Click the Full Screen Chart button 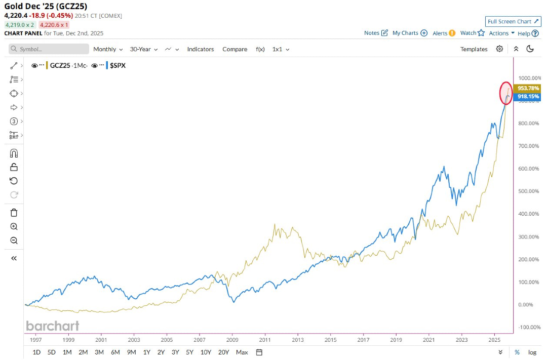click(x=513, y=21)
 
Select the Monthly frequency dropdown click(x=107, y=49)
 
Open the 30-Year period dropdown click(x=143, y=49)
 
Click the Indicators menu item click(x=201, y=49)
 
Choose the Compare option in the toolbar click(x=235, y=49)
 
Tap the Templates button click(x=474, y=49)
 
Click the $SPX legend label click(x=118, y=65)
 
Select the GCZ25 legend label click(x=61, y=65)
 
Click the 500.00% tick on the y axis click(x=529, y=191)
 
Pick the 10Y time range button click(x=206, y=352)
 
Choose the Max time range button click(x=242, y=352)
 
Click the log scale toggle click(x=532, y=352)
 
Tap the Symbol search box click(x=49, y=49)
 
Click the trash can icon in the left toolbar click(x=14, y=213)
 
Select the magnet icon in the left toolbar click(x=14, y=153)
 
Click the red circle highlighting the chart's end click(x=505, y=93)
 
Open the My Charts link click(x=410, y=33)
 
